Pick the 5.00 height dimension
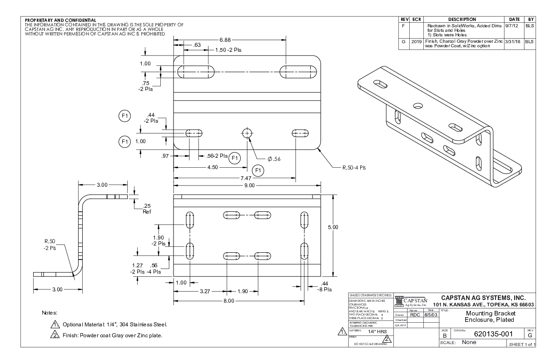tap(333, 227)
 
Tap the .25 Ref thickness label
tap(147, 209)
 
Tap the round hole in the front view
tap(247, 133)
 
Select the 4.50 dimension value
tap(212, 167)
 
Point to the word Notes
tap(50, 313)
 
